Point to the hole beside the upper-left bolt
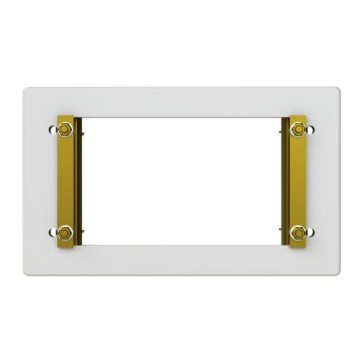53,130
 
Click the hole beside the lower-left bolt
53,232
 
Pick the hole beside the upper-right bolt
310,130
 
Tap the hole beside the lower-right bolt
310,232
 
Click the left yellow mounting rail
66,182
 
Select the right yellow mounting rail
298,182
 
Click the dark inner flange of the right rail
284,182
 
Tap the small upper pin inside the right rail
280,133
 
